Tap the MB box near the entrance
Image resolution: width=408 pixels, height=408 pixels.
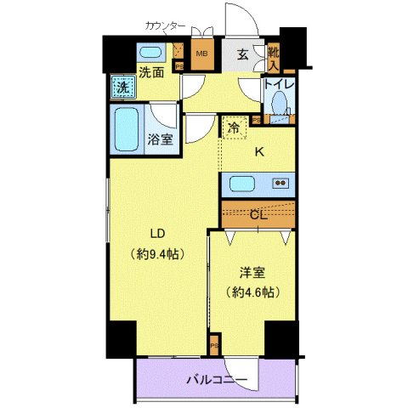[202, 56]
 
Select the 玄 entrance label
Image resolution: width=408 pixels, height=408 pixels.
[242, 56]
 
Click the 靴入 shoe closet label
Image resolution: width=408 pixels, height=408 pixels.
[273, 57]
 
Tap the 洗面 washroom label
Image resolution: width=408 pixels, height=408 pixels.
[153, 73]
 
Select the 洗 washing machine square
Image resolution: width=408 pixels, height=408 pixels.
[123, 87]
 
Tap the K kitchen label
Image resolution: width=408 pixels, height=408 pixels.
[260, 153]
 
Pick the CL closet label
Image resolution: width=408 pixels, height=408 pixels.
[258, 215]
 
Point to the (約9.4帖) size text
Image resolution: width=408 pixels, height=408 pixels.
[159, 253]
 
